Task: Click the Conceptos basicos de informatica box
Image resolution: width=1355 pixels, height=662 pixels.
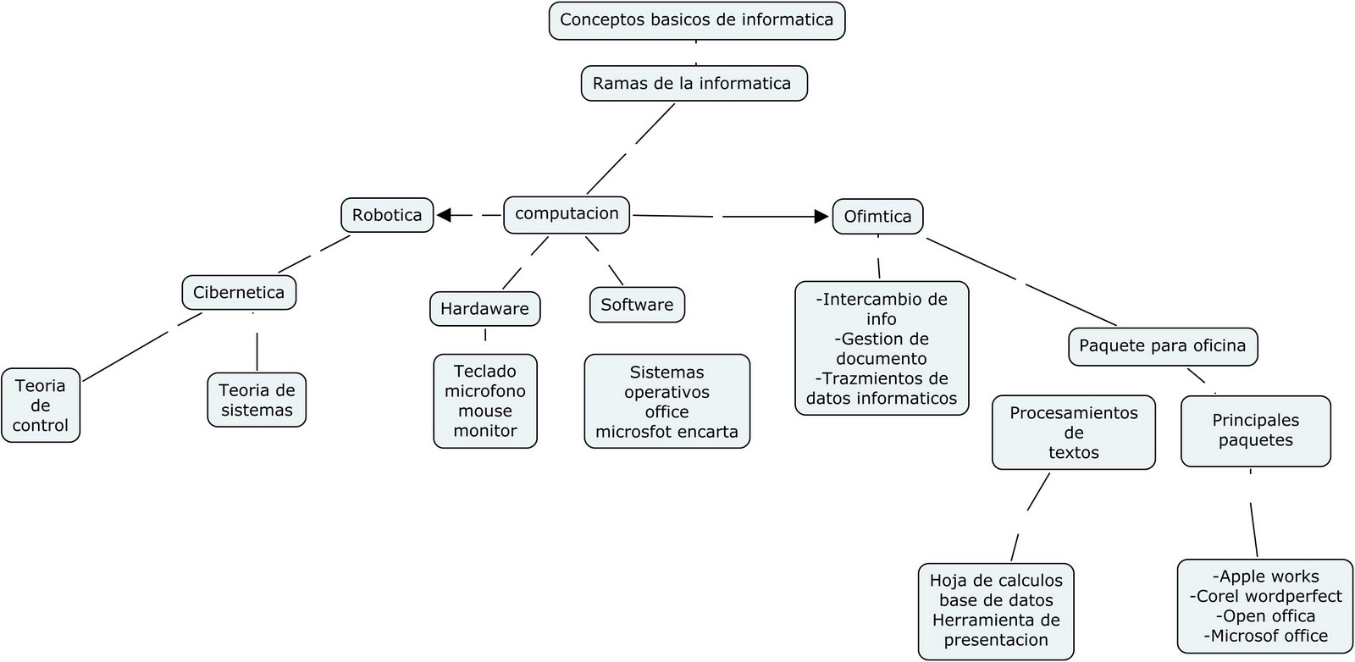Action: (696, 20)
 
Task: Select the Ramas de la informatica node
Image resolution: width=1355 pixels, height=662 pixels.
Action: (693, 84)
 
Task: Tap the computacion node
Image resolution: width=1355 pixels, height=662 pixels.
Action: (567, 214)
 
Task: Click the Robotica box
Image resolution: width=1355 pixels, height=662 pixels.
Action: (387, 215)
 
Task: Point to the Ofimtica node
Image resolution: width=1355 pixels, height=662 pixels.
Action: (877, 217)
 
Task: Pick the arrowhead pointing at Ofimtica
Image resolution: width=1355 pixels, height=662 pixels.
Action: (821, 217)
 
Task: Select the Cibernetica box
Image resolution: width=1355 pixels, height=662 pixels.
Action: (239, 293)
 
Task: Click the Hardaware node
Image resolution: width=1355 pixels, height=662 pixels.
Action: (484, 309)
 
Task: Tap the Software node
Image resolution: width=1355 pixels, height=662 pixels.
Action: (637, 305)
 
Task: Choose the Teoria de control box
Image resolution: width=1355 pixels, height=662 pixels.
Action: (41, 405)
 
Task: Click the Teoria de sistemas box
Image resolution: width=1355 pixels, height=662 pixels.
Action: (257, 400)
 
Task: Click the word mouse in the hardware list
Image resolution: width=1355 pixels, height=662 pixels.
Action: (485, 411)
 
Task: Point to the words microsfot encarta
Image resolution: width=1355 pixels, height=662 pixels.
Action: (666, 433)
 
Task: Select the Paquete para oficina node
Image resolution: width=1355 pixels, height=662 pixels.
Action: (1162, 346)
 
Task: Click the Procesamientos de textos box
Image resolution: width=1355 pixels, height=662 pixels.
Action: (1073, 433)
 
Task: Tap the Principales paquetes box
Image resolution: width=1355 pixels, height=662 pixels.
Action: (1255, 431)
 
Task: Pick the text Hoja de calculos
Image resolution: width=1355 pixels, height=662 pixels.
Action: (996, 581)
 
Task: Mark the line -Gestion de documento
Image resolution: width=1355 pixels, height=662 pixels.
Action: (881, 349)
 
